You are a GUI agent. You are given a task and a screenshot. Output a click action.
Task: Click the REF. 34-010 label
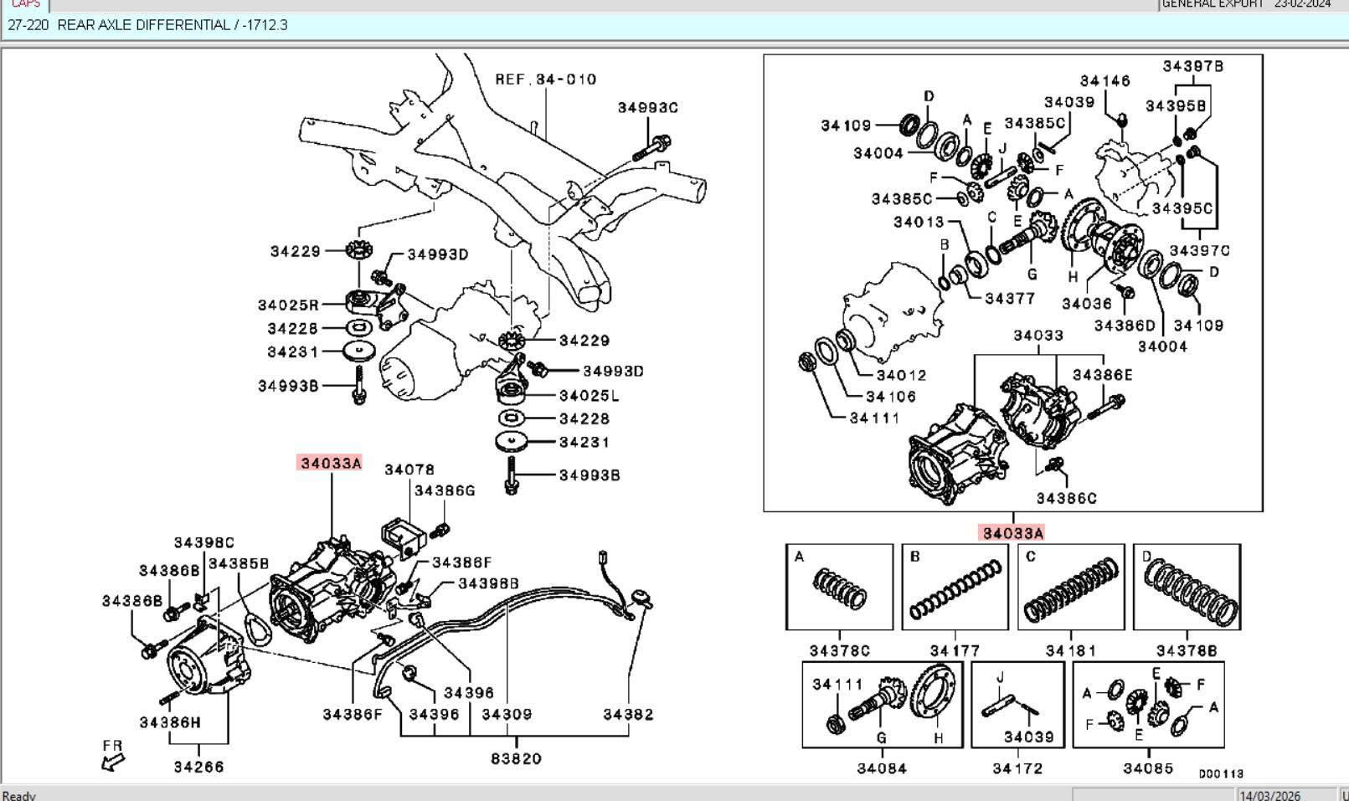[x=545, y=80]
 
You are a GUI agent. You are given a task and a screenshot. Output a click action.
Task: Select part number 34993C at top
[x=647, y=108]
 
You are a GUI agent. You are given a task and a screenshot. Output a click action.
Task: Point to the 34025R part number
[x=288, y=306]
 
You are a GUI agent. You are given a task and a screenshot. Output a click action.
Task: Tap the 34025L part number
[x=590, y=395]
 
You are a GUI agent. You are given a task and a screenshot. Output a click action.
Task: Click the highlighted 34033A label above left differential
[x=331, y=463]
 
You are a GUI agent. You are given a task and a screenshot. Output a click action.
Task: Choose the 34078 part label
[x=409, y=470]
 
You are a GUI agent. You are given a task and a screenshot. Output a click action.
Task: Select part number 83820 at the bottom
[x=516, y=758]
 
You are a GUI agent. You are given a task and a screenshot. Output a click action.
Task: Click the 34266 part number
[x=198, y=766]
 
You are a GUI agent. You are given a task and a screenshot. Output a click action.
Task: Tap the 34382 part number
[x=628, y=714]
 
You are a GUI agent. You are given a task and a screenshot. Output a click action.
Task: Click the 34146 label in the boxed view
[x=1104, y=81]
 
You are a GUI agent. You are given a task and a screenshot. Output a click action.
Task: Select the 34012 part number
[x=901, y=375]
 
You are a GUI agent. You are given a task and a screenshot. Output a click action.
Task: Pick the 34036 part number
[x=1087, y=304]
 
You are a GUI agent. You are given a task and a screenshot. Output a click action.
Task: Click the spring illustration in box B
[x=955, y=589]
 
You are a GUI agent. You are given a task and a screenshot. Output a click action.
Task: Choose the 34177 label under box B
[x=955, y=650]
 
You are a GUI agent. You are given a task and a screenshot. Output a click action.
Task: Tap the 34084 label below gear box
[x=882, y=768]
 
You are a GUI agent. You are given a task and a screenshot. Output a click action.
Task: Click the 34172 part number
[x=1017, y=768]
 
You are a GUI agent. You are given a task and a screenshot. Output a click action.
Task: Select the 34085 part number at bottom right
[x=1148, y=768]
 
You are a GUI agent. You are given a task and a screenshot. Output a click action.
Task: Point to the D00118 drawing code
[x=1221, y=774]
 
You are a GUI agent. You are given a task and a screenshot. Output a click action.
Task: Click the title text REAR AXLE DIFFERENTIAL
[x=143, y=25]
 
